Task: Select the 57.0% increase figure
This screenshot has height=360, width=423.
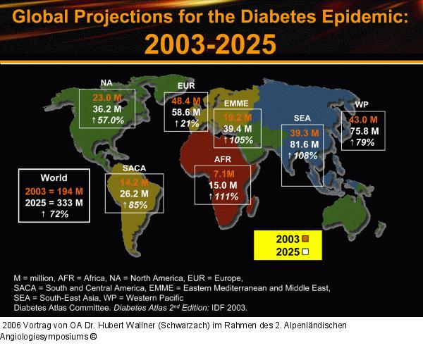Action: point(107,120)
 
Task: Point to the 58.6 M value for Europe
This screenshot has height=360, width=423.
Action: point(186,112)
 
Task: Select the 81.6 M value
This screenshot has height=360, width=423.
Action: point(305,144)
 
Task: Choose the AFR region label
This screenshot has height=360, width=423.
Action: point(223,160)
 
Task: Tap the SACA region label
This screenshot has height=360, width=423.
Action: point(134,168)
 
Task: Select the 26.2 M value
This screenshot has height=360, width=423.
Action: point(134,193)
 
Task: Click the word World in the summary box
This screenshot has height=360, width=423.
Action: point(54,178)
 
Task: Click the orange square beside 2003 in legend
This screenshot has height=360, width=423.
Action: point(306,238)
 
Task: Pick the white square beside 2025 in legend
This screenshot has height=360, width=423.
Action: point(306,251)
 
